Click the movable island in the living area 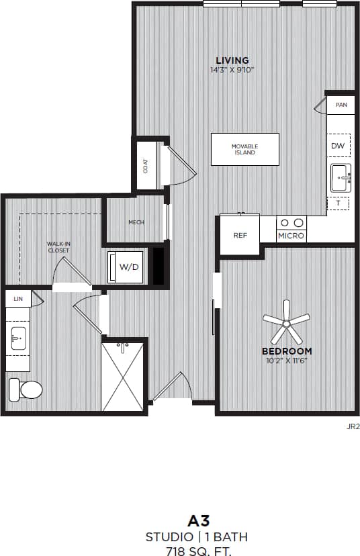coord(244,149)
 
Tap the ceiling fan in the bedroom coord(286,323)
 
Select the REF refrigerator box coord(240,235)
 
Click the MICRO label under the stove coord(291,236)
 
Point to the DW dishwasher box coord(338,145)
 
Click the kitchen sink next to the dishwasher coord(340,177)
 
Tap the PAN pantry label coord(341,105)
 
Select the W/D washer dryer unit coord(128,267)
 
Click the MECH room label coord(136,222)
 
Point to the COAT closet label coord(146,165)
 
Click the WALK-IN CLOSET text coord(58,247)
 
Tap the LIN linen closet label coord(17,297)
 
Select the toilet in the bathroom coord(24,388)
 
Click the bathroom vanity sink coord(18,339)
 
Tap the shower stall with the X coord(123,377)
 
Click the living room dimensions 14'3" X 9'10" coord(232,69)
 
